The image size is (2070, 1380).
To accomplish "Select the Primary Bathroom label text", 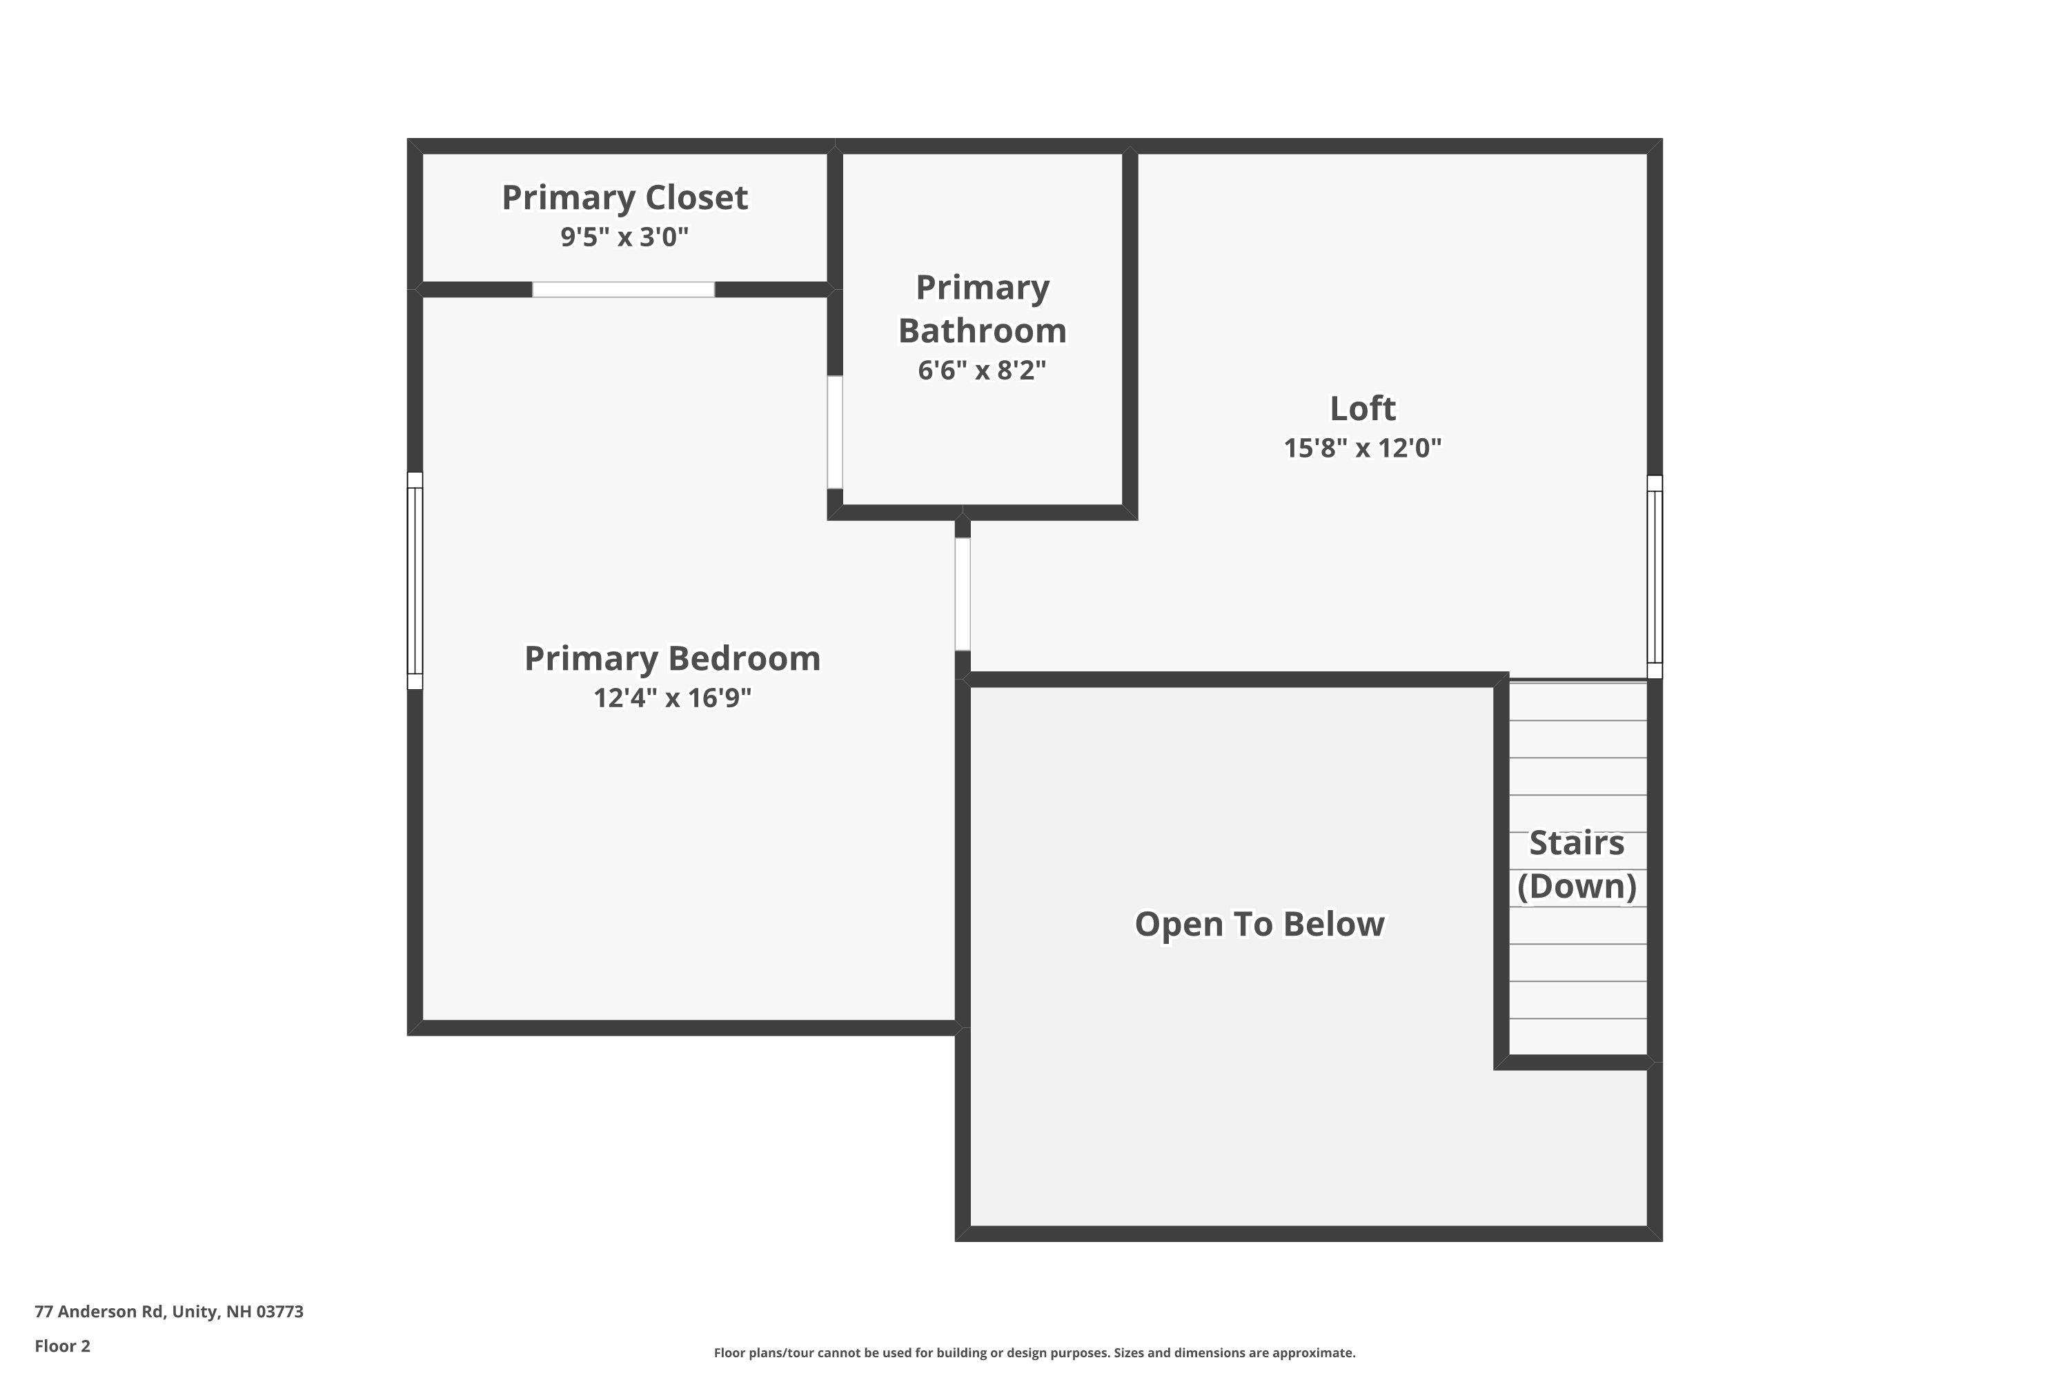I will click(x=982, y=309).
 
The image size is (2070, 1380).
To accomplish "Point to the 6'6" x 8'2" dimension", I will click(x=982, y=371).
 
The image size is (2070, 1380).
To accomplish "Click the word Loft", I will click(x=1362, y=408).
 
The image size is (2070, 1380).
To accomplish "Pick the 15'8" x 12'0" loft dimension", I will click(x=1362, y=448).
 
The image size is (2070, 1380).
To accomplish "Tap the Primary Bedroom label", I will click(x=672, y=658).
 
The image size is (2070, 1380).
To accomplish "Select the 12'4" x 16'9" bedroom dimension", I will click(x=672, y=698).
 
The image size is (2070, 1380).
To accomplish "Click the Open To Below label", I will click(x=1259, y=924).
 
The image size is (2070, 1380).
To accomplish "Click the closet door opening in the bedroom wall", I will click(x=623, y=290).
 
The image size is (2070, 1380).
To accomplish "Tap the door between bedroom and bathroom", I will click(x=835, y=432).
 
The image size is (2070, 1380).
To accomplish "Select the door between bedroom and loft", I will click(x=963, y=594).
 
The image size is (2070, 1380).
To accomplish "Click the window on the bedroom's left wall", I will click(x=415, y=581).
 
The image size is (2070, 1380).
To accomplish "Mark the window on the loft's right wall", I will click(x=1655, y=576).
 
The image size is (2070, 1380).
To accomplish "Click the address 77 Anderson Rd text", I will click(x=169, y=1312).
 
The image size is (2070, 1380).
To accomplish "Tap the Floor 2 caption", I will click(x=63, y=1345).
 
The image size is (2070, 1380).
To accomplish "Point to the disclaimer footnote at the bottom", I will click(x=1034, y=1352).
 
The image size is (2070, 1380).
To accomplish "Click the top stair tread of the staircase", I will click(x=1578, y=702).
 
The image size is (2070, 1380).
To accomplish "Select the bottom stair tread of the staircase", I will click(x=1578, y=1037).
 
